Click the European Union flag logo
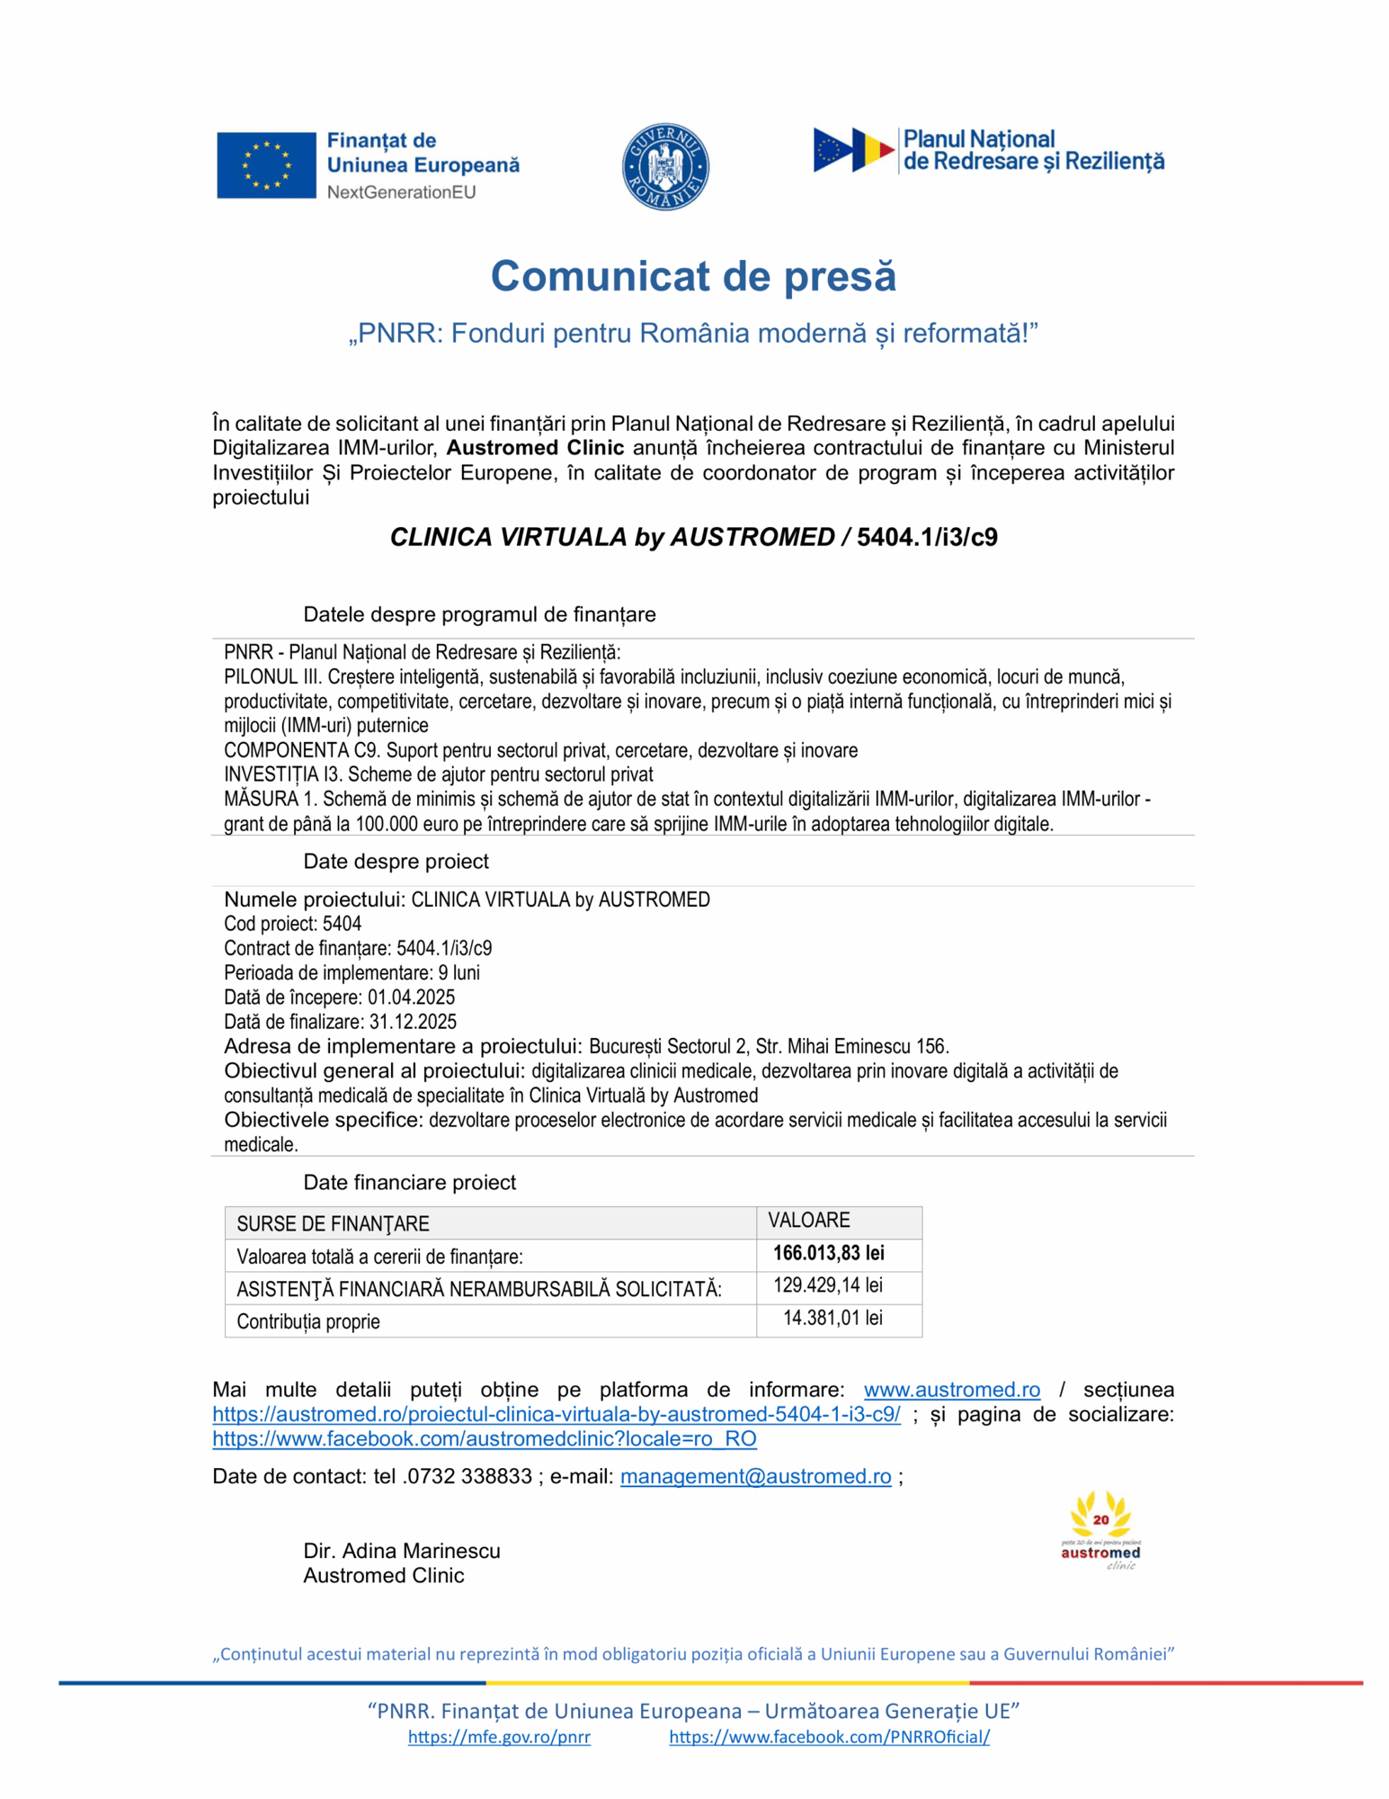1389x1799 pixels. pyautogui.click(x=266, y=165)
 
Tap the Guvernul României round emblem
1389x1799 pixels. pyautogui.click(x=665, y=166)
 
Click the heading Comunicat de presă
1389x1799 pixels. pyautogui.click(x=693, y=275)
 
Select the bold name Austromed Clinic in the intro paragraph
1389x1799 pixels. pyautogui.click(x=535, y=448)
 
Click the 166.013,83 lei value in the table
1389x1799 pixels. pyautogui.click(x=828, y=1253)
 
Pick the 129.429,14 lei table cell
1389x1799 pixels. pyautogui.click(x=828, y=1285)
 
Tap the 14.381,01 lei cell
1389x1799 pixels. pyautogui.click(x=833, y=1318)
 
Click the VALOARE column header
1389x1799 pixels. pyautogui.click(x=808, y=1221)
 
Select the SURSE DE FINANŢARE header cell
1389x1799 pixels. pyautogui.click(x=333, y=1223)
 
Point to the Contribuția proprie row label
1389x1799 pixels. pyautogui.click(x=307, y=1321)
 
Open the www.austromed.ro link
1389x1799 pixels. pyautogui.click(x=952, y=1390)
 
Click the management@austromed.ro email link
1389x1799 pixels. pyautogui.click(x=755, y=1476)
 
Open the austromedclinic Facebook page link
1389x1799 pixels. pyautogui.click(x=485, y=1438)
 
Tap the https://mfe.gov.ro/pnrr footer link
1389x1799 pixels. pyautogui.click(x=499, y=1737)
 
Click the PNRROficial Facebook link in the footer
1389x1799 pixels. pyautogui.click(x=829, y=1737)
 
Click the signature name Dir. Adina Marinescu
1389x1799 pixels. pyautogui.click(x=402, y=1551)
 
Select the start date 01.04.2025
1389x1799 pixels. pyautogui.click(x=411, y=998)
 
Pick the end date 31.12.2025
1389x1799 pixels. pyautogui.click(x=413, y=1022)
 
